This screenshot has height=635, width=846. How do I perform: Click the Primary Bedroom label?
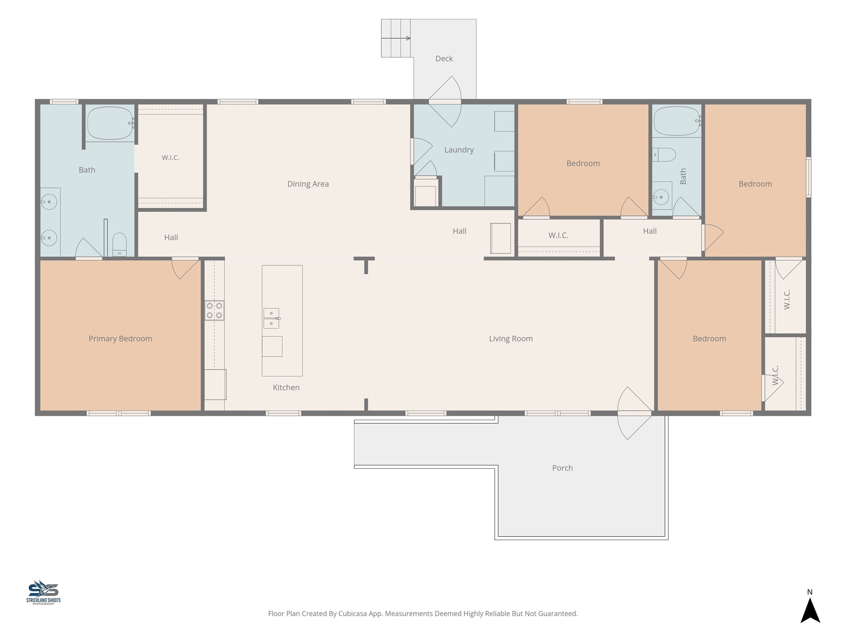pos(120,339)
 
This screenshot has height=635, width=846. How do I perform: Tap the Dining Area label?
pos(308,184)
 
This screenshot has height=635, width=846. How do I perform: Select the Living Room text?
pos(511,339)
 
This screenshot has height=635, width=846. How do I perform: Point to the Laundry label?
pos(459,150)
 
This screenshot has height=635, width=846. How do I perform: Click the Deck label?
pos(444,59)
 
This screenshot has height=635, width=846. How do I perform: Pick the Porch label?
pos(562,468)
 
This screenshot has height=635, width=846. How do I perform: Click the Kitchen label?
pos(286,388)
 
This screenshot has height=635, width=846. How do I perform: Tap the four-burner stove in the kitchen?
pos(214,310)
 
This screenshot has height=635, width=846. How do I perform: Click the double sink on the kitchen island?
pos(271,318)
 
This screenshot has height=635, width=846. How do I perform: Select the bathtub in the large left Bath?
pos(111,123)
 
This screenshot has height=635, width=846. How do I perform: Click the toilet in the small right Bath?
pos(664,155)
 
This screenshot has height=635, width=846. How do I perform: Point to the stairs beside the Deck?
pos(396,38)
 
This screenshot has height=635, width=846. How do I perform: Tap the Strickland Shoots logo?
pos(43,592)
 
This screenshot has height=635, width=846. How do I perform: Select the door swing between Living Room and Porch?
pos(634,413)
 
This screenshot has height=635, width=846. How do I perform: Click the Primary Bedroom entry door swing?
pos(185,269)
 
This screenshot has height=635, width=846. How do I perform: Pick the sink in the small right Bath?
pos(660,197)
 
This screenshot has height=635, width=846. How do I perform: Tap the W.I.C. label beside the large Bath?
pos(171,157)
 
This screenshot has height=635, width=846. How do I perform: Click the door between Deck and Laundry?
pos(445,102)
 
